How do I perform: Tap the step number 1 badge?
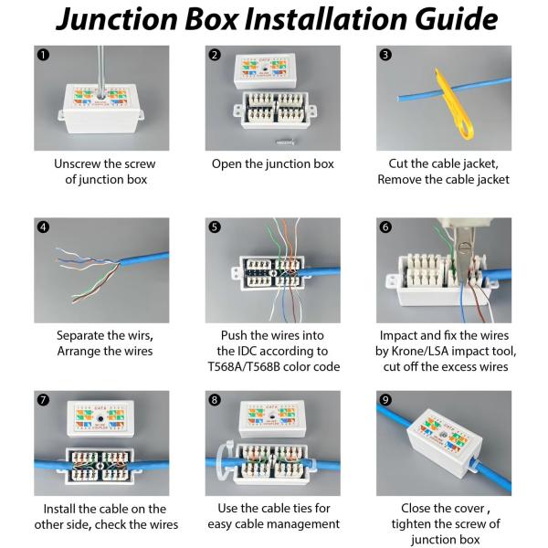(43, 55)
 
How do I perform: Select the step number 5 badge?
(215, 227)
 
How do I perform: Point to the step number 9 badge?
(385, 400)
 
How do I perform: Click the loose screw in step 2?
(286, 142)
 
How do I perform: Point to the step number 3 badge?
(385, 55)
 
